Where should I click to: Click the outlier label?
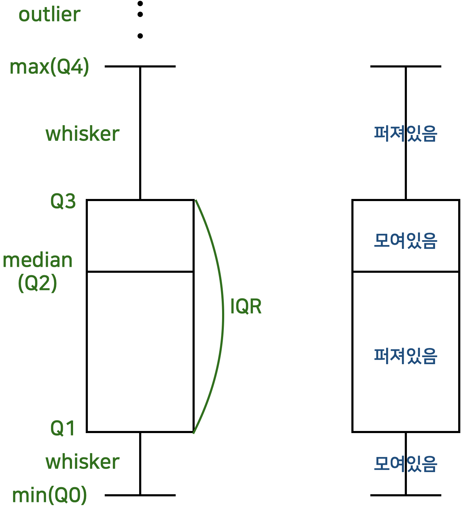pos(49,15)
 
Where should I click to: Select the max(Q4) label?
pos(49,67)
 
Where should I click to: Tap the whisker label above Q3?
pos(83,134)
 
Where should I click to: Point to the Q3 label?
pos(63,201)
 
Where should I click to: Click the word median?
pos(38,260)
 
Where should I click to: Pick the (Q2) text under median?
pos(38,283)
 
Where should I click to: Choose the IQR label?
pos(246,307)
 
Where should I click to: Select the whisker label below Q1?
pos(83,462)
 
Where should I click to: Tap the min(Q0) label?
pos(49,495)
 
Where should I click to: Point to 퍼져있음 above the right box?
pos(405,134)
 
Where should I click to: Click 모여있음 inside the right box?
pos(405,241)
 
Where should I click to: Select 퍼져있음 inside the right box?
pos(405,356)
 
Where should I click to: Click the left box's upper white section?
pos(140,236)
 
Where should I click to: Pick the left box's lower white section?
pos(140,352)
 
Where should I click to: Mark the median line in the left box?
pos(140,272)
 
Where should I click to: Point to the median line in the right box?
pos(406,272)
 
